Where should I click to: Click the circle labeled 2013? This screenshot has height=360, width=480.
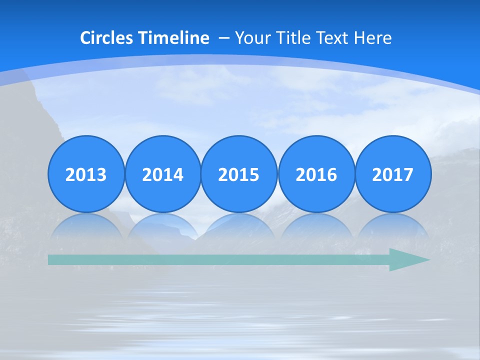point(86,174)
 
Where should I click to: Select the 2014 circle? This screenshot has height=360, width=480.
point(162,174)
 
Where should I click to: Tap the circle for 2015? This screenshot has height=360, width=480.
point(239,174)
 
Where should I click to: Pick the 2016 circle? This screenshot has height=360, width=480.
point(316,174)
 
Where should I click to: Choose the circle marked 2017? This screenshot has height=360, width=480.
point(392,174)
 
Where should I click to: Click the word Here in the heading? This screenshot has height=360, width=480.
point(372,38)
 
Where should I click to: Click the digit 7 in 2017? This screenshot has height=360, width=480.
point(408,174)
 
